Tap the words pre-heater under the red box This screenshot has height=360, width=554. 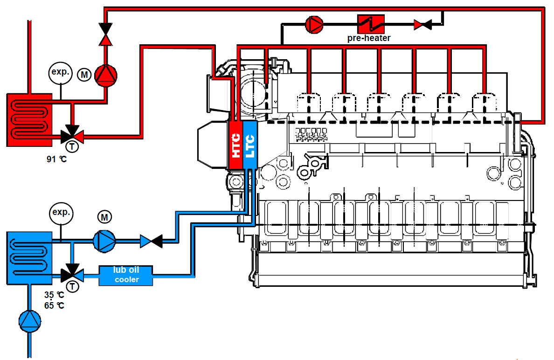tap(368, 38)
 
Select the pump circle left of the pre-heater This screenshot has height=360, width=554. tap(314, 24)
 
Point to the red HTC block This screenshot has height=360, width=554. tap(236, 145)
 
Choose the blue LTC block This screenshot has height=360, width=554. tap(250, 145)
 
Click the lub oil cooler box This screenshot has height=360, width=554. tap(126, 275)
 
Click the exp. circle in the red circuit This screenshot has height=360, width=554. tap(61, 72)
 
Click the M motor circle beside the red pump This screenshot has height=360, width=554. tap(84, 75)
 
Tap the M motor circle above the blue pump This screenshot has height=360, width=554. tap(104, 216)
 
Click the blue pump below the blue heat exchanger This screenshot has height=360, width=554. tap(30, 322)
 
